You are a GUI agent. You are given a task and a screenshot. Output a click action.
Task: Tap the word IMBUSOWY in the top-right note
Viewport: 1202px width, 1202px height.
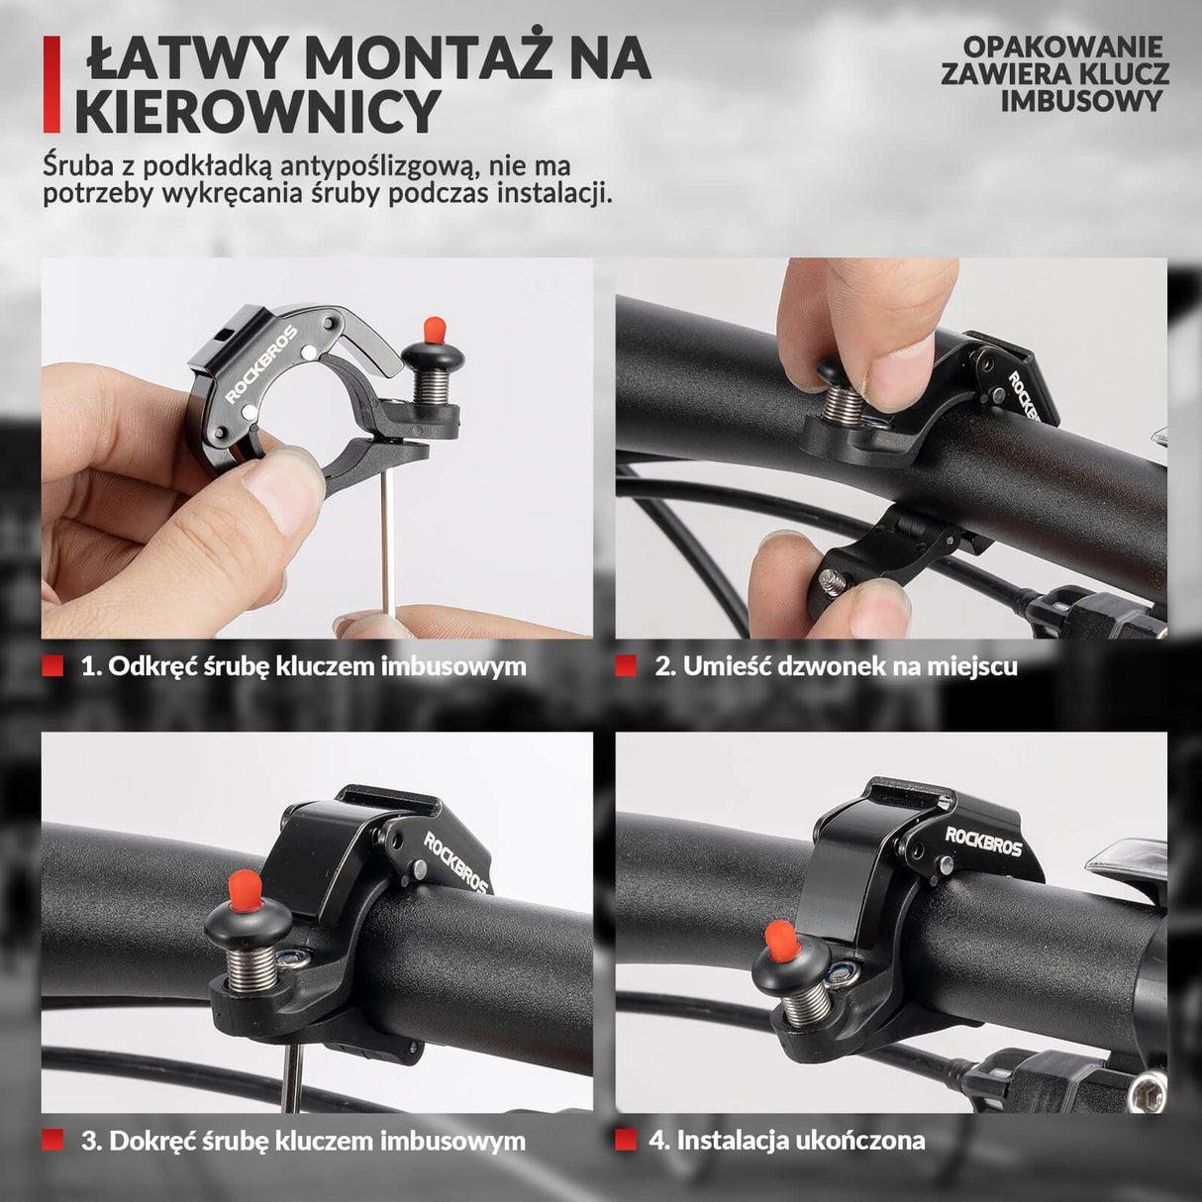point(1080,100)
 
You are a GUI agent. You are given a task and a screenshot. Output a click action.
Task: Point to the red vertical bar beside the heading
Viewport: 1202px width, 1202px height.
point(51,85)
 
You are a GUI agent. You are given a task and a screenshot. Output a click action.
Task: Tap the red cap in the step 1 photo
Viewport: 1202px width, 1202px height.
point(434,329)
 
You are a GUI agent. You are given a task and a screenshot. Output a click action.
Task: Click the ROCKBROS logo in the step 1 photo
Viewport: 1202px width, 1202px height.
point(260,363)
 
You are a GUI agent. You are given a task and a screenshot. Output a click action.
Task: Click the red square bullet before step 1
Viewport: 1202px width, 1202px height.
point(52,665)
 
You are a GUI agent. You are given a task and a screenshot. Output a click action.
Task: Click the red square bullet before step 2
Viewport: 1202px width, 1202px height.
point(626,665)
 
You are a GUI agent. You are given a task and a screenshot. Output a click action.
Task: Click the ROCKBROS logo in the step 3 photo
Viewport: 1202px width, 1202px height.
point(456,862)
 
